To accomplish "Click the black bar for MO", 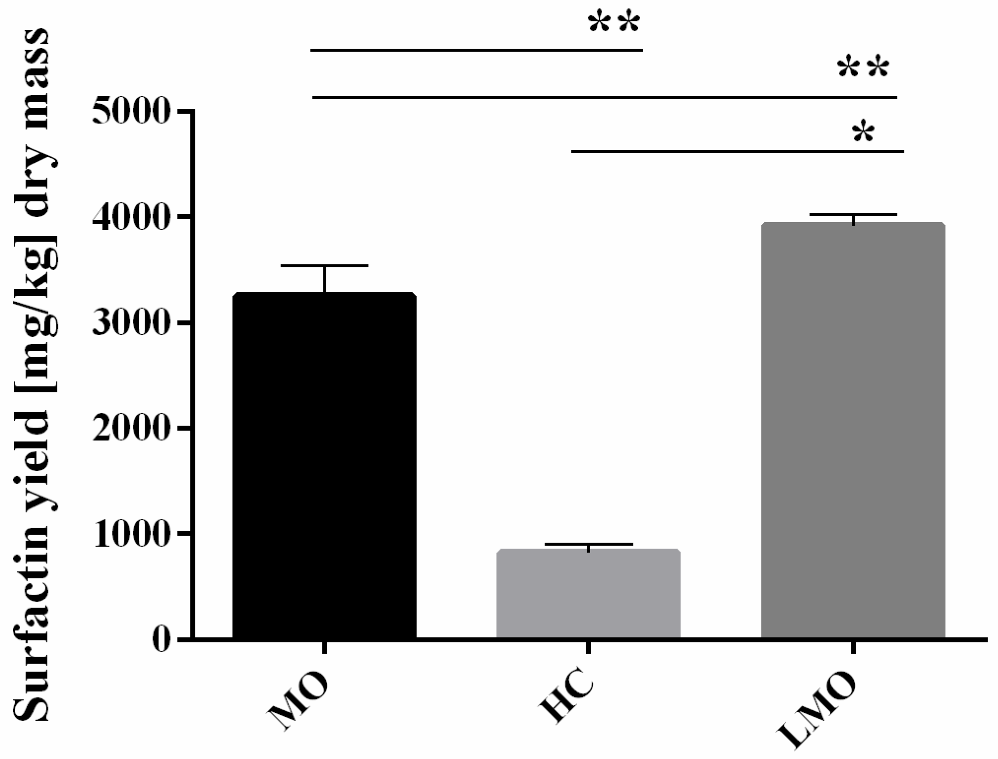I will (324, 465).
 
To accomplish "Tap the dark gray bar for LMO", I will (853, 431).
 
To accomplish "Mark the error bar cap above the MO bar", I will (324, 266).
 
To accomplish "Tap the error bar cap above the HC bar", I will (589, 544).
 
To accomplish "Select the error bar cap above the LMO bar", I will (853, 215).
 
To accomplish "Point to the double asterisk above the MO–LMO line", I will (864, 69).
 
